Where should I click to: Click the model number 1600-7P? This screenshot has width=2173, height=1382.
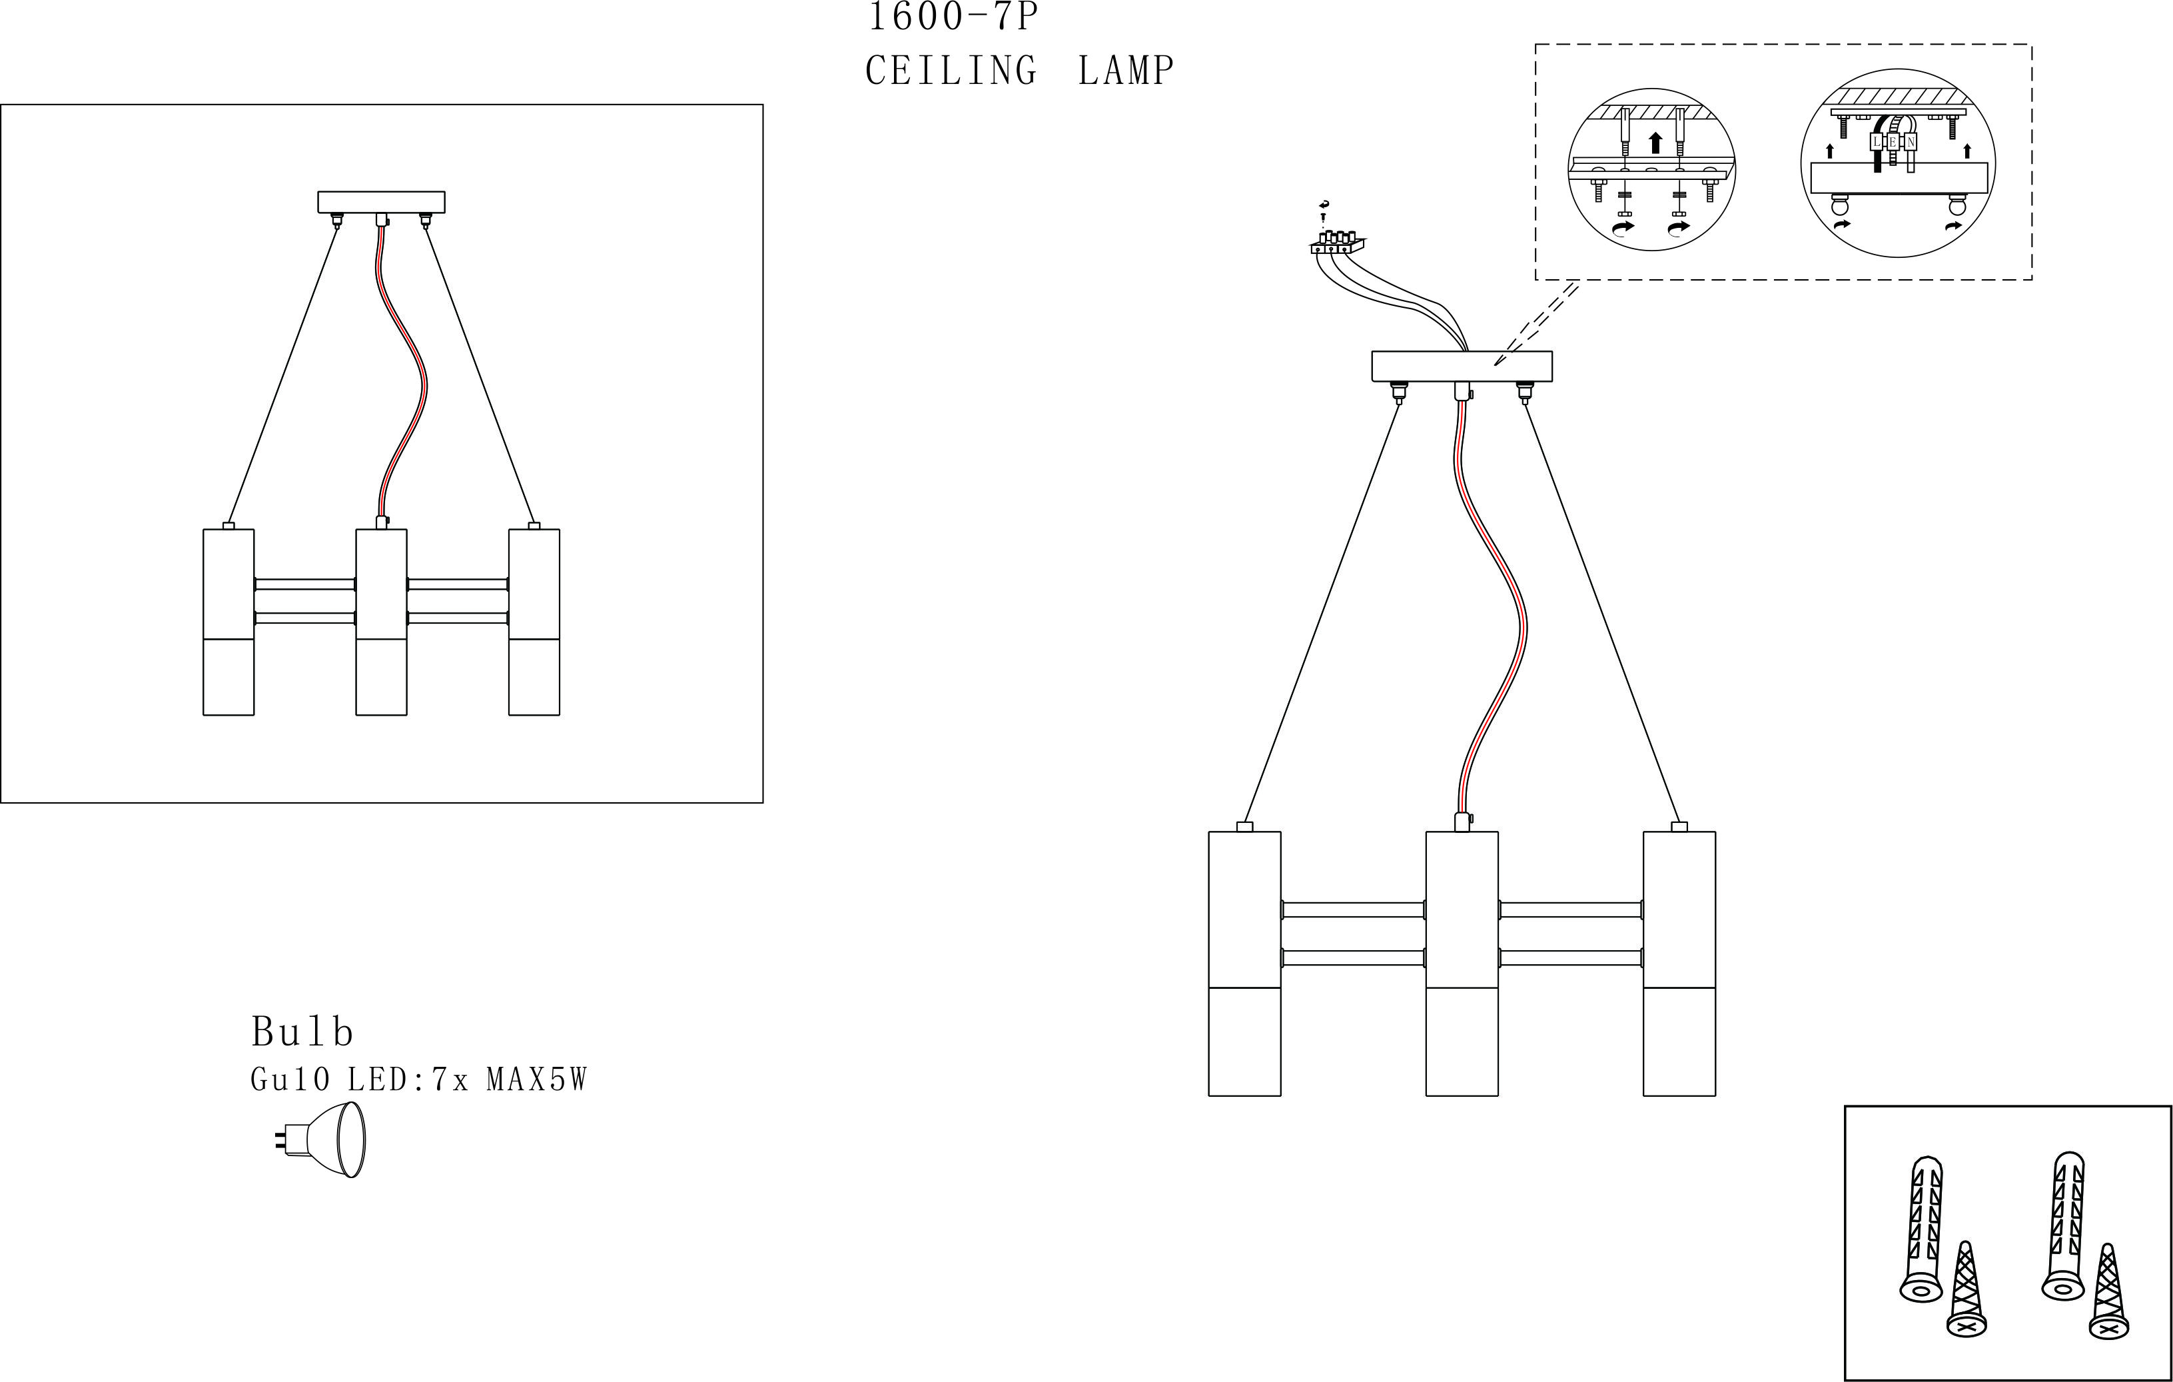953,16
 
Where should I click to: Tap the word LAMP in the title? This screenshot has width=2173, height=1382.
1126,71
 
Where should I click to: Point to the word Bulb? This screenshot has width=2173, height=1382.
302,1032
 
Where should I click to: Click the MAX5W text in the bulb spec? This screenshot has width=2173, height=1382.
537,1079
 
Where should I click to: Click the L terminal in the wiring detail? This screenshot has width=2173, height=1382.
1876,143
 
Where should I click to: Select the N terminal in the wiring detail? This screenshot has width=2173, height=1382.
1911,143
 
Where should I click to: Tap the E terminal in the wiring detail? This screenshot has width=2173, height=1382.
1893,143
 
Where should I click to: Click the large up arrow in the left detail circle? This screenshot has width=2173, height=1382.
1654,143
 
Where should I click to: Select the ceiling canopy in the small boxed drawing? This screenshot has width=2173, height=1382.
381,201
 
